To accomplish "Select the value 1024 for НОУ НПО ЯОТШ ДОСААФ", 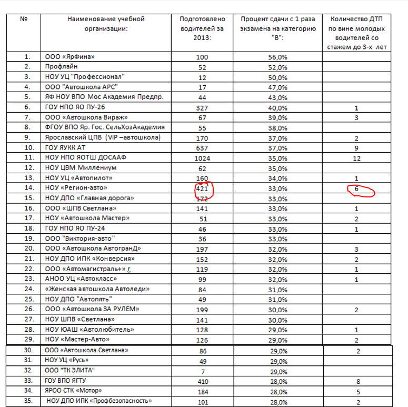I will click(x=202, y=157).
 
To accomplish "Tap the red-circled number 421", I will click(x=202, y=187).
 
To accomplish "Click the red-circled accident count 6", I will click(x=357, y=187).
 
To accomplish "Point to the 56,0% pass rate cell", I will click(x=277, y=57).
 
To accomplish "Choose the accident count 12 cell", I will click(x=357, y=157).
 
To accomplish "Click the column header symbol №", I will click(x=23, y=20).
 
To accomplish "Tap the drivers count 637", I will click(x=202, y=147).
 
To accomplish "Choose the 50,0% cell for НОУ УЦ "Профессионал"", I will click(x=277, y=77).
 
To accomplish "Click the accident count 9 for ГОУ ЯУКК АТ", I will click(x=357, y=147).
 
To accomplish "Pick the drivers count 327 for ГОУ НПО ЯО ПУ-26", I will click(x=202, y=107).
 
